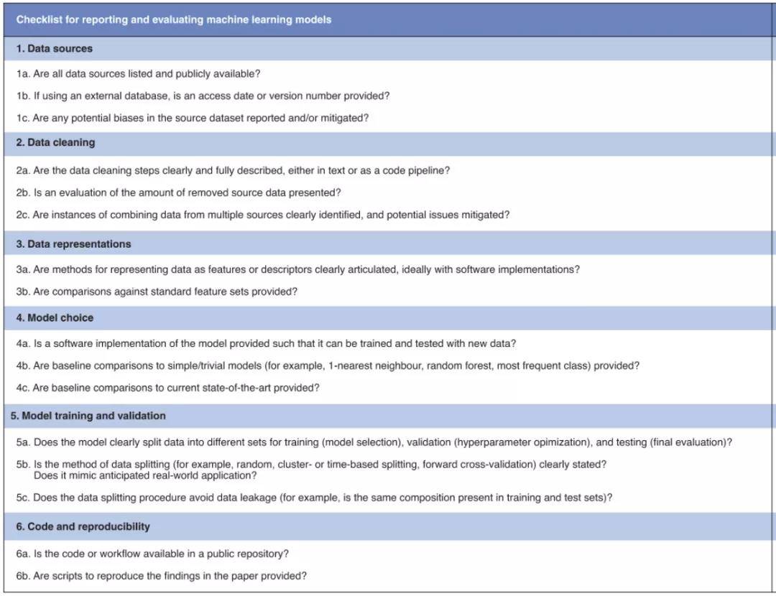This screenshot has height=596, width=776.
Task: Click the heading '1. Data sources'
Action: (55, 49)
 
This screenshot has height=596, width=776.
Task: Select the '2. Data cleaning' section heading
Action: (55, 142)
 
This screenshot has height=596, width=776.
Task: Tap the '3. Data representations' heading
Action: (73, 244)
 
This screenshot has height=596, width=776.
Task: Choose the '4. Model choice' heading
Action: (55, 317)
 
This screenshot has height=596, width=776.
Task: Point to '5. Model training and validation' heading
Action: (88, 416)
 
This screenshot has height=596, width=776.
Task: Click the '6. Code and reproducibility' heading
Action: (83, 526)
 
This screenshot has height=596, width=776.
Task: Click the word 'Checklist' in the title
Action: (37, 20)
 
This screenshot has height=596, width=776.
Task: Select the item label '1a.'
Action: (23, 74)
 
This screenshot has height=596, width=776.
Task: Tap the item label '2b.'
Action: (23, 192)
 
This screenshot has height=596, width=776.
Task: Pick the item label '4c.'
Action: (23, 388)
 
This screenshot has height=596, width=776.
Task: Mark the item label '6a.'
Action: (23, 554)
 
